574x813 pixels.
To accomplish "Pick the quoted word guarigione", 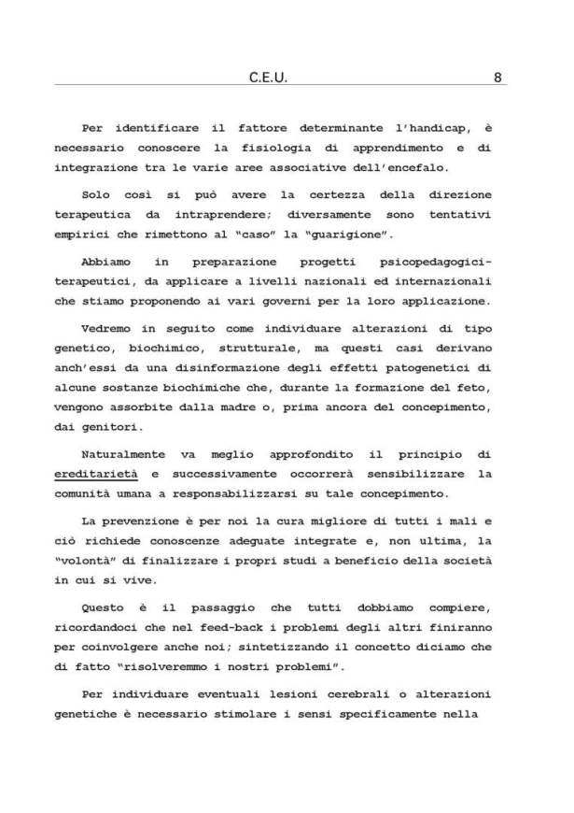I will pos(329,234).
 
